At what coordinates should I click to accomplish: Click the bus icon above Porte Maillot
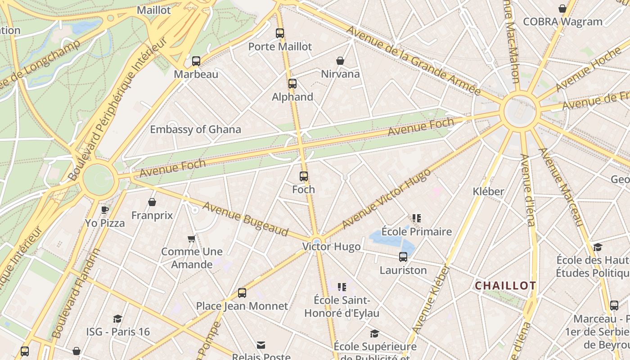pos(280,33)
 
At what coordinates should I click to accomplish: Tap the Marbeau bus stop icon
pos(196,61)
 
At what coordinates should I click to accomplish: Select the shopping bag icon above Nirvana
pos(340,61)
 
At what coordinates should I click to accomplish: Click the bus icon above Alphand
pos(292,84)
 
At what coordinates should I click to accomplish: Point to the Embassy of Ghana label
pos(195,130)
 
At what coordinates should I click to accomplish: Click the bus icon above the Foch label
pos(304,176)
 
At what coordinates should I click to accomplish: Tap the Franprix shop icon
pos(152,202)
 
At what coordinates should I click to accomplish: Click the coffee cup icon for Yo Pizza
pos(105,210)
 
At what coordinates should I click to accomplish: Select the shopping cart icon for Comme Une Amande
pos(192,238)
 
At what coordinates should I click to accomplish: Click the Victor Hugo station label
pos(332,247)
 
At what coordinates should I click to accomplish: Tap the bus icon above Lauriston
pos(403,257)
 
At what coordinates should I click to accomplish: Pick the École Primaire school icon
pos(417,219)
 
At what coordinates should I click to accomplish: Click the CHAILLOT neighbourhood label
pos(505,286)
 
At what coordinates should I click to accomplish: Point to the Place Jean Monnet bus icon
pos(242,293)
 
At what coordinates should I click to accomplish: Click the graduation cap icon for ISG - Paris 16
pos(118,319)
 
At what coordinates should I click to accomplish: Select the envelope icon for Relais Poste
pos(261,345)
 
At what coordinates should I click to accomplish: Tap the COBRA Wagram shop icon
pos(562,9)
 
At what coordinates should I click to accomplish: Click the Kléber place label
pos(488,192)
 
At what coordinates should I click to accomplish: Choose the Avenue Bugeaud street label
pos(245,219)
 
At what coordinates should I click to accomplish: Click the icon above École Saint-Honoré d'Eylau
pos(342,287)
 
